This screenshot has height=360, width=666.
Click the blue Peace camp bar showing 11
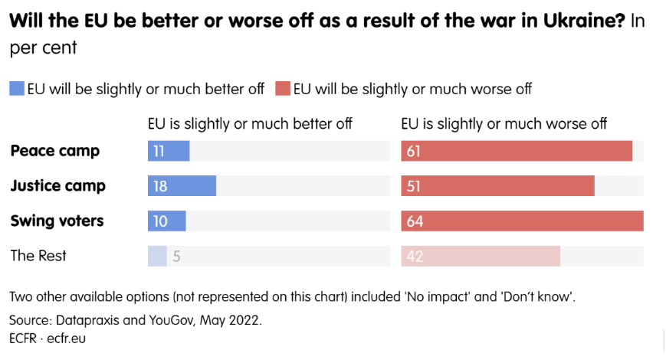[169, 151]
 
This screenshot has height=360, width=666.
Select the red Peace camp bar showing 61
[517, 151]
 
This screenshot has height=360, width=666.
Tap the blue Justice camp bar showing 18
[182, 186]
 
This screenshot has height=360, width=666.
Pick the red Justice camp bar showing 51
[498, 186]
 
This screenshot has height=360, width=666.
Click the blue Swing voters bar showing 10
[167, 221]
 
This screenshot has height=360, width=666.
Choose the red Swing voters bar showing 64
[522, 221]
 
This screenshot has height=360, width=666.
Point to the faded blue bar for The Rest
[157, 256]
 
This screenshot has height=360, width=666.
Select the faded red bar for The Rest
[481, 256]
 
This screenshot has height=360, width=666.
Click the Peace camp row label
[55, 151]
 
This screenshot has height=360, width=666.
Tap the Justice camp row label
[58, 186]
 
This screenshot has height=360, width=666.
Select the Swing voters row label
[57, 221]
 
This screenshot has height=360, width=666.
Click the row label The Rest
[38, 256]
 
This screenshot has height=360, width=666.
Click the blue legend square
[17, 88]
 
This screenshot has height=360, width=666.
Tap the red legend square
[283, 88]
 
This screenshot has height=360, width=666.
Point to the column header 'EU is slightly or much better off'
[250, 123]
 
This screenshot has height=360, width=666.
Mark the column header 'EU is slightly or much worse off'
[504, 123]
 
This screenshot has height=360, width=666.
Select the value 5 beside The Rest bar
[176, 257]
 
